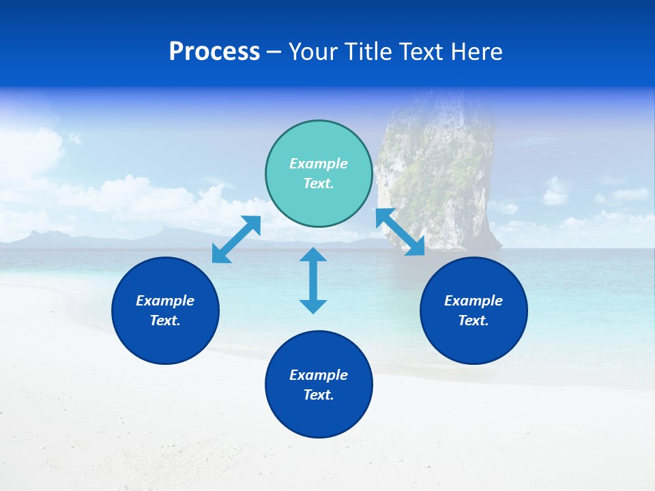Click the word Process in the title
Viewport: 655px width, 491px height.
(214, 52)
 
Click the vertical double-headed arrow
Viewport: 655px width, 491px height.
(313, 280)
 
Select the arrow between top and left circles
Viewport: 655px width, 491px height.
(236, 239)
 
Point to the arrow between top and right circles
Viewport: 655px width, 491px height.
(401, 232)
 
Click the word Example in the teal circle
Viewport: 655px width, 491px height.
(319, 164)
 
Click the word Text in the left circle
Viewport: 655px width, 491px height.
(164, 321)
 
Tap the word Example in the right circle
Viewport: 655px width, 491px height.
(474, 301)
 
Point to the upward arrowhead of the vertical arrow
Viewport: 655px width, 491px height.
(313, 256)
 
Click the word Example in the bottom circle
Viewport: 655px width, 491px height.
(319, 375)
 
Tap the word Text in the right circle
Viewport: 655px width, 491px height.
(473, 321)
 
